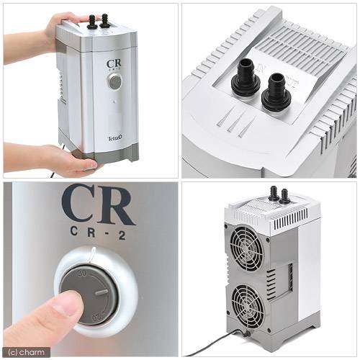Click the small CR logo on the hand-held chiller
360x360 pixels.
(114, 64)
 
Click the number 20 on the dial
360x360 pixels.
(96, 318)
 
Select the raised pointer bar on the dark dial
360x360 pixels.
(101, 292)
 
